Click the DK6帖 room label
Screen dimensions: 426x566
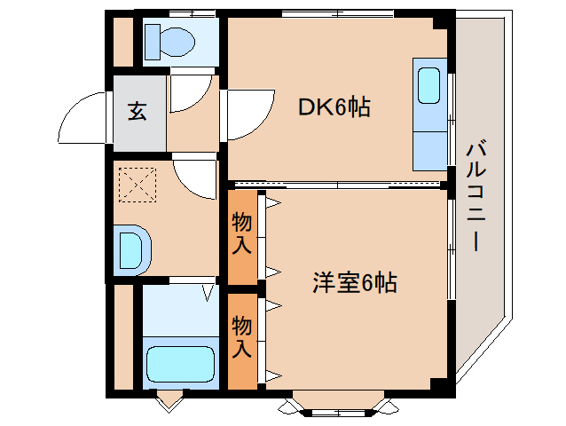pos(333,107)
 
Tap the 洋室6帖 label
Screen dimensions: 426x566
pos(353,284)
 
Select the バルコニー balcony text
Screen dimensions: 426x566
pos(476,196)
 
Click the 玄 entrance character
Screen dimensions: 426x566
pos(138,113)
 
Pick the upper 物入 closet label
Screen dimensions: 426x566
pos(241,233)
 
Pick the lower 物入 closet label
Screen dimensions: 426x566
pos(241,335)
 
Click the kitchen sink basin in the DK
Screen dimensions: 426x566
pos(428,86)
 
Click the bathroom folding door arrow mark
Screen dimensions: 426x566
pos(207,290)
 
